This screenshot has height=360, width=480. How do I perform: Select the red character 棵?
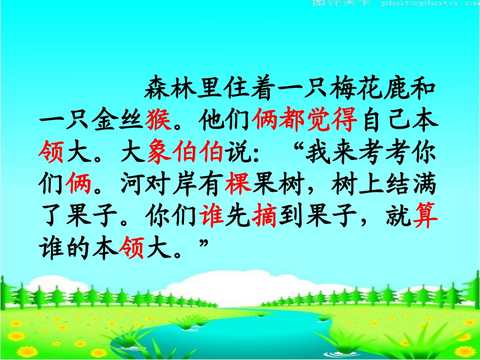click(238, 185)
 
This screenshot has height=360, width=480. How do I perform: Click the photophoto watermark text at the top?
click(414, 4)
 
